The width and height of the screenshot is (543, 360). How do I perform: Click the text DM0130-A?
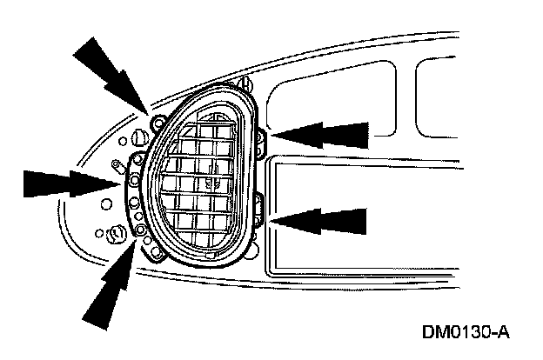pos(465,333)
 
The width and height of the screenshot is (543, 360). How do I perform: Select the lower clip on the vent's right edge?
pos(261,209)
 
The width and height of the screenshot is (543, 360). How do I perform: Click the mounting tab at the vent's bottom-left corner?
pos(156,254)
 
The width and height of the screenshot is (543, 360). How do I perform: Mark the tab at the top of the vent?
pos(243,84)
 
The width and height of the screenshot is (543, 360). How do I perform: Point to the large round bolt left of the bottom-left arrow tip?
pos(112,234)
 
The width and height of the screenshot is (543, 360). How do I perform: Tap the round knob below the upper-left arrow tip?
pos(138,138)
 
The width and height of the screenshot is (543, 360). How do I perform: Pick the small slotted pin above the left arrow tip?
pos(115,163)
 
